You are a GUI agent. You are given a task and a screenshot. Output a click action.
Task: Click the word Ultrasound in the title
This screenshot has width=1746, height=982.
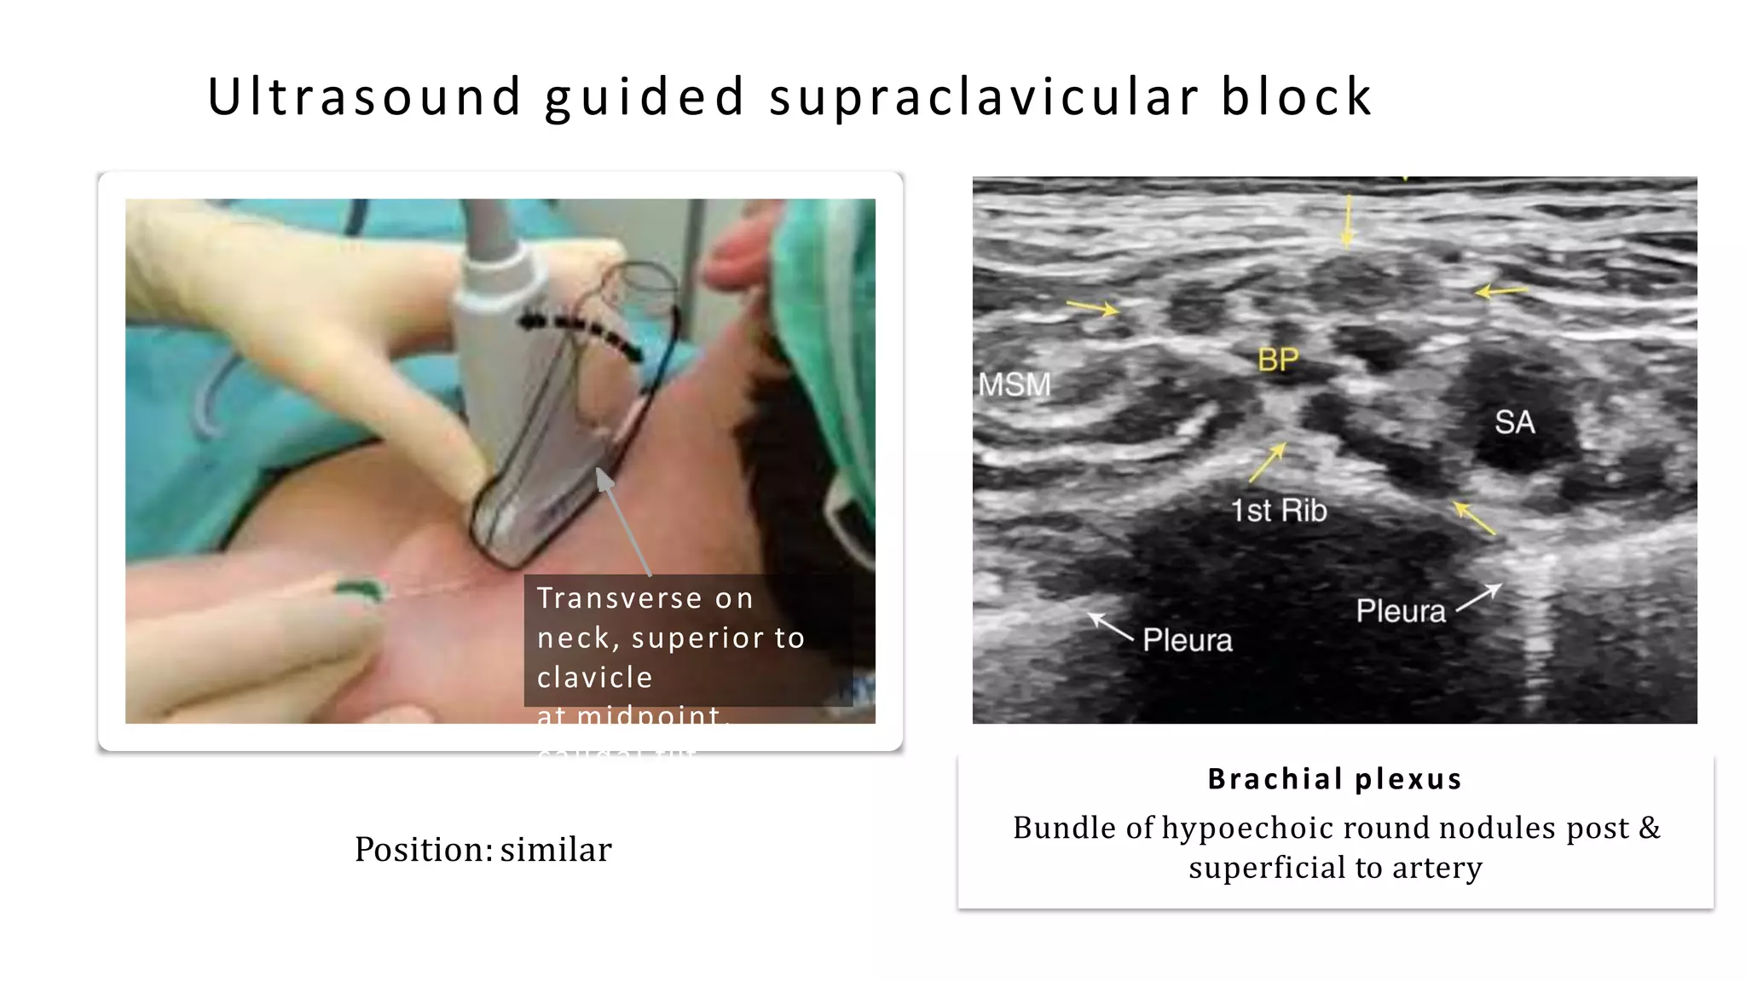[x=364, y=96]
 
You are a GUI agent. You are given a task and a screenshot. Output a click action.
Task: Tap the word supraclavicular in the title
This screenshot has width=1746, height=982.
[x=984, y=96]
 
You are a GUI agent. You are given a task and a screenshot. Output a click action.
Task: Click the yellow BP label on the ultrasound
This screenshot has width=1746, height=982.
[x=1278, y=361]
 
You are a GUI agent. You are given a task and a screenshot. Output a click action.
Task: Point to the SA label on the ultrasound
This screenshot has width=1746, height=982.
[x=1514, y=423]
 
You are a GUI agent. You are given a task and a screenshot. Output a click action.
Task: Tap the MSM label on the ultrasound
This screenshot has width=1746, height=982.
[x=1015, y=385]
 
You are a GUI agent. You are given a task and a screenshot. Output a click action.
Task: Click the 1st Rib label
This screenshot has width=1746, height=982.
[x=1278, y=511]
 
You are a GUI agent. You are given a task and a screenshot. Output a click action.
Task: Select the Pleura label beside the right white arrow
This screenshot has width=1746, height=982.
[x=1401, y=611]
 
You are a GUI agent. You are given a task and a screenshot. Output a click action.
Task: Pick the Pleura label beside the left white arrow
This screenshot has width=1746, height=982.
[x=1187, y=640]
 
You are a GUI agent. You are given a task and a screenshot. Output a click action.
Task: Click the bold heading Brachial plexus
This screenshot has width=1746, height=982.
[x=1335, y=779]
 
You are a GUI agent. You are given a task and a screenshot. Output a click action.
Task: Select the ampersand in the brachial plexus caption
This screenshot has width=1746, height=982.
[x=1649, y=828]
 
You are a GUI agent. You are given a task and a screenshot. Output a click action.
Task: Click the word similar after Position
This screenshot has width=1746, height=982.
[x=556, y=850]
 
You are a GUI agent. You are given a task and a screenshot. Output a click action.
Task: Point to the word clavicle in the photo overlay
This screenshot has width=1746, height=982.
[x=595, y=678]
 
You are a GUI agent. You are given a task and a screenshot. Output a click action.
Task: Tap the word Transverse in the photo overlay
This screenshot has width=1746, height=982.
[x=617, y=598]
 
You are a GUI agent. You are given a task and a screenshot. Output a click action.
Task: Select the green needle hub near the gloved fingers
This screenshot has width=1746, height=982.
[x=360, y=589]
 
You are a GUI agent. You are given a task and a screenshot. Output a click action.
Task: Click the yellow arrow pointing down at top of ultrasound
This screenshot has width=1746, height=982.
[x=1348, y=220]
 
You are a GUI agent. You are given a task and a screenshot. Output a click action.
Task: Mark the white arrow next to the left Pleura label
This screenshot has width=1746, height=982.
[x=1110, y=627]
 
